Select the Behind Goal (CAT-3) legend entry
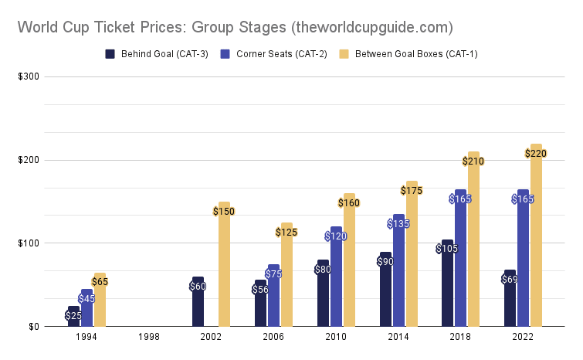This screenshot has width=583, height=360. click(157, 54)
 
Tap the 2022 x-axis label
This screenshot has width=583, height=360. click(524, 338)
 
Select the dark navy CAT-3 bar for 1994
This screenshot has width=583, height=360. click(73, 319)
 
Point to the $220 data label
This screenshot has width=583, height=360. click(535, 154)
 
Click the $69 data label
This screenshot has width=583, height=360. click(510, 279)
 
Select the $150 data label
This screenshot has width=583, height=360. click(224, 211)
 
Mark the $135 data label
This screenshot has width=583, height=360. click(398, 224)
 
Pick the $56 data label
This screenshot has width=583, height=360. click(260, 290)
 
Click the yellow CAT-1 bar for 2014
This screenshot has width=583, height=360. click(412, 263)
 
